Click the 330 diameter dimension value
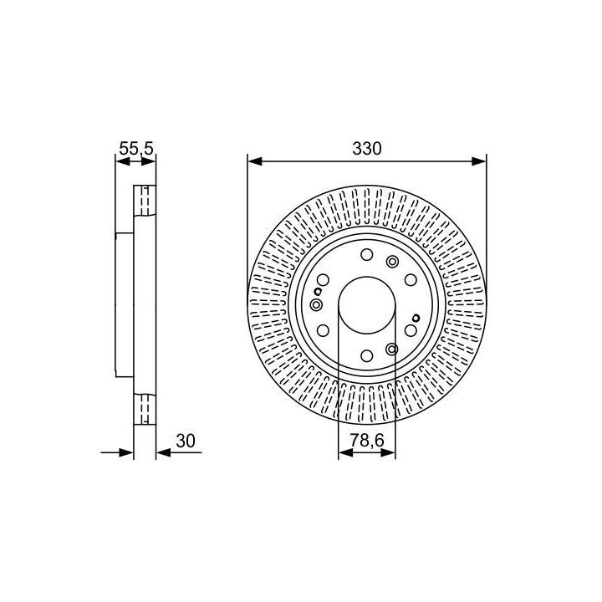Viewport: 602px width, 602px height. click(x=367, y=149)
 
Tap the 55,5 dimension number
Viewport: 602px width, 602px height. click(x=136, y=148)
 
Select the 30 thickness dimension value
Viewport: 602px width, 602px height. click(x=186, y=441)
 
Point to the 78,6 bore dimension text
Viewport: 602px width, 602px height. click(x=367, y=441)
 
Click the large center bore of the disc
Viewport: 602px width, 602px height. click(x=367, y=305)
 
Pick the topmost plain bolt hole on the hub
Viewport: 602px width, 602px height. click(x=367, y=254)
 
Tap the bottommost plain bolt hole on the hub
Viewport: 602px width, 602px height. click(x=367, y=356)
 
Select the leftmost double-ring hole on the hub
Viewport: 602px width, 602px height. click(x=316, y=305)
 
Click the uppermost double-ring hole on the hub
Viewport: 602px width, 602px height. click(x=392, y=262)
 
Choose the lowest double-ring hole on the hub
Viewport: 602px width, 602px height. click(x=391, y=349)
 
